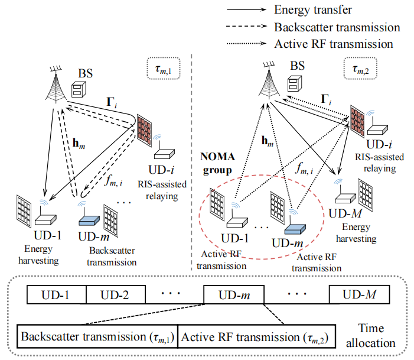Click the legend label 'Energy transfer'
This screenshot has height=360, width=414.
[x=308, y=10]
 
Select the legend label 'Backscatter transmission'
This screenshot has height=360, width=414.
[x=337, y=27]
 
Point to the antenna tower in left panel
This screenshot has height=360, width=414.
[x=56, y=85]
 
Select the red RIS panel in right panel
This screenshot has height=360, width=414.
[x=358, y=121]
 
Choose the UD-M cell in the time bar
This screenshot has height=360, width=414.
[x=360, y=294]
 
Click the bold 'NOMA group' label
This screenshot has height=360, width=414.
[x=217, y=163]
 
